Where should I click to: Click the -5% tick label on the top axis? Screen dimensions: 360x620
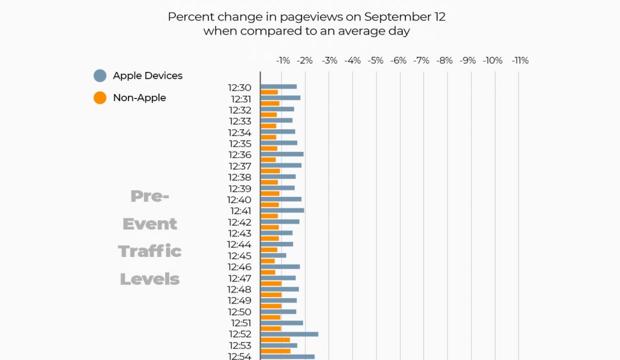tap(375, 60)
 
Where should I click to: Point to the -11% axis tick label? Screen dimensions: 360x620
tap(520, 60)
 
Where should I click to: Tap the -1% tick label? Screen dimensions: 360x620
tap(283, 60)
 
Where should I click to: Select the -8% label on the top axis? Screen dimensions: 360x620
tap(444, 60)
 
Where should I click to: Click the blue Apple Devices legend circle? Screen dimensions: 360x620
tap(100, 76)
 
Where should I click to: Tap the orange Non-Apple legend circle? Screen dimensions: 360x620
tap(100, 98)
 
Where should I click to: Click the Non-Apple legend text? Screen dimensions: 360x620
tap(139, 98)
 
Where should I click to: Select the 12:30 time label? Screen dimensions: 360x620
tap(239, 88)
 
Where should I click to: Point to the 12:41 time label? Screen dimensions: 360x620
tap(240, 211)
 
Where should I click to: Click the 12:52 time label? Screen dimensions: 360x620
tap(240, 334)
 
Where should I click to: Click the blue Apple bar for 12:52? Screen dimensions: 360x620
tap(289, 334)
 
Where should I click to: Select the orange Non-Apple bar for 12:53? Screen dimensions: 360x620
tap(275, 351)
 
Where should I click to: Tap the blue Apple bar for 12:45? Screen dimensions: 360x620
tap(273, 255)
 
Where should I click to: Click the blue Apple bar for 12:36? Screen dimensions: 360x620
tap(282, 154)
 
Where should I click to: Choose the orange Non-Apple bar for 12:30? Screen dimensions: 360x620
tap(269, 92)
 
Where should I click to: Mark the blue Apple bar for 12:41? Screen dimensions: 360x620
tap(282, 210)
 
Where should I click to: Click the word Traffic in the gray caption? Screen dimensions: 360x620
tap(149, 251)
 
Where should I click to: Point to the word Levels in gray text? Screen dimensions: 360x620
tap(149, 279)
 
